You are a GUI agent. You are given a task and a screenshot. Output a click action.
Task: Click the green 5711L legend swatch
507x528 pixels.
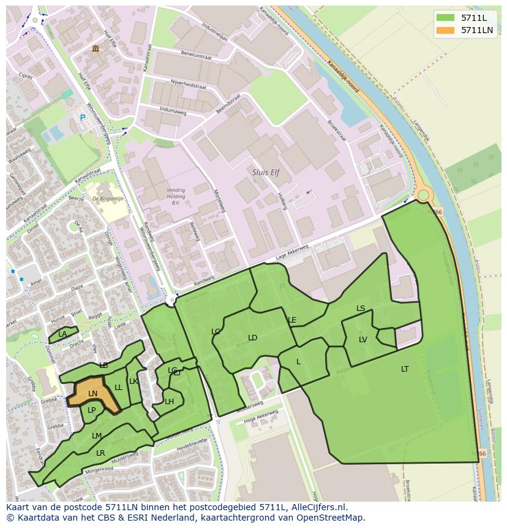pos(446,18)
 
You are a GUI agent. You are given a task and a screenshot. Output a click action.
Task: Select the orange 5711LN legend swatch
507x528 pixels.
pos(446,30)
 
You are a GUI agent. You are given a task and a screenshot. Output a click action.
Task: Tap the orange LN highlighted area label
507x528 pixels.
pos(92,394)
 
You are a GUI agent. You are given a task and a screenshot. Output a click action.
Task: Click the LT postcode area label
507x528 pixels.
pos(405,369)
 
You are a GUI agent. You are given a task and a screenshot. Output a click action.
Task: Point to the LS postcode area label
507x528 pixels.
pos(361,308)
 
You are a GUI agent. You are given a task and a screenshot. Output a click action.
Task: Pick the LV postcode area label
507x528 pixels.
pos(363,340)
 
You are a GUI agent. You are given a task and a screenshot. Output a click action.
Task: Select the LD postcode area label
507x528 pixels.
pos(252,338)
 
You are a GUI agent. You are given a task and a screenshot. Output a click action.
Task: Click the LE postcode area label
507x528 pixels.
pos(292,320)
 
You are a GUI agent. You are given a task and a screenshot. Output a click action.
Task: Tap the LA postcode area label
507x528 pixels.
pos(62,335)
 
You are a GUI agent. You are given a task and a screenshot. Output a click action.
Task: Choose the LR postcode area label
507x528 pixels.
pos(100,453)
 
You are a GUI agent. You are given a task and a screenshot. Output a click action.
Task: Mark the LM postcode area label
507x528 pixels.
pos(97,436)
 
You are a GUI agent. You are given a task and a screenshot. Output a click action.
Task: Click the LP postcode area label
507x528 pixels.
pos(92,410)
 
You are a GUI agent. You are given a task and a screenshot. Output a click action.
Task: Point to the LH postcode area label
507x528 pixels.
pos(170,402)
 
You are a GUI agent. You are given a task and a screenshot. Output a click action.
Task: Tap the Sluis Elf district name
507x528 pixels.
pos(266,173)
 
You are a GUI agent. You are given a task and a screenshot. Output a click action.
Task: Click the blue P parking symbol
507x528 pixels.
pos(83,118)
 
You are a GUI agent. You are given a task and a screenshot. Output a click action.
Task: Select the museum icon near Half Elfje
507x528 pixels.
pos(95,48)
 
